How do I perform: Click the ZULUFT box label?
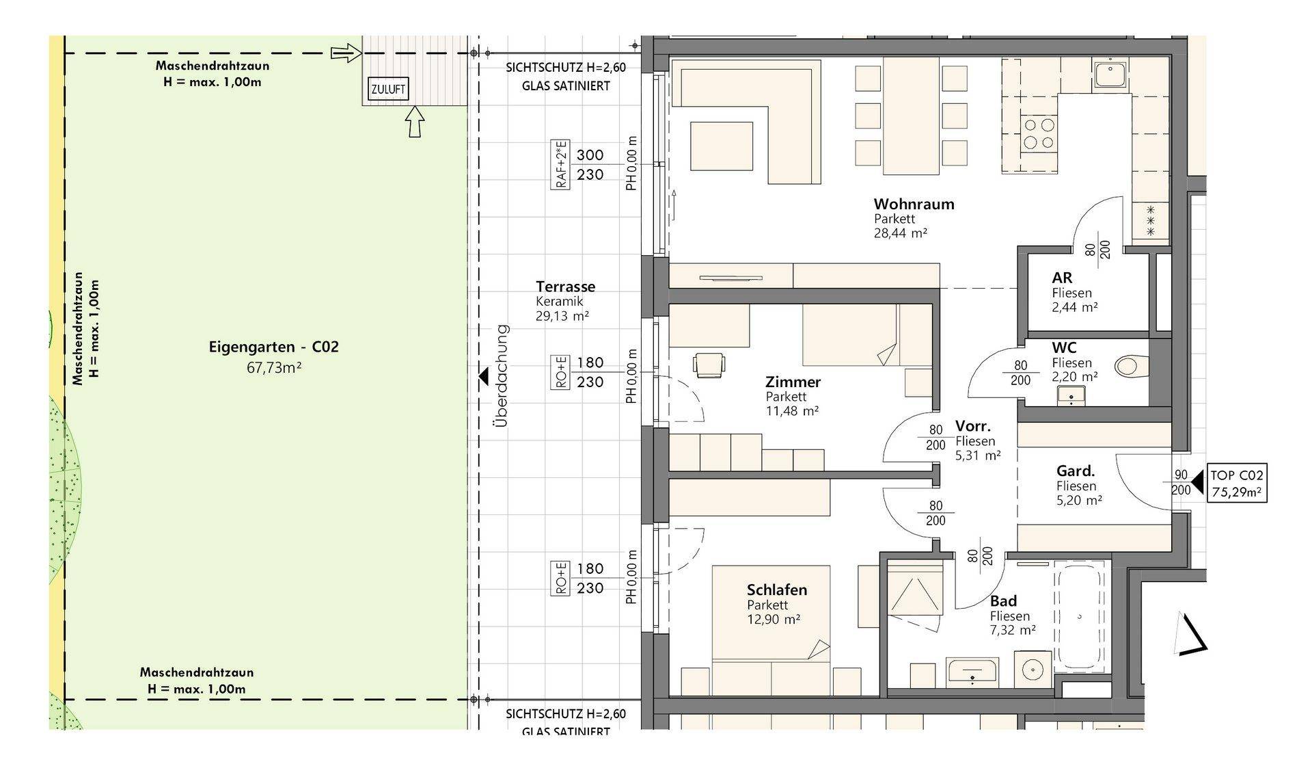click(x=388, y=89)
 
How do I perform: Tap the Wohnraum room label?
click(x=914, y=204)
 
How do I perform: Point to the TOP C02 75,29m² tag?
click(x=1238, y=484)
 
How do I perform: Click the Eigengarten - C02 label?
click(x=273, y=347)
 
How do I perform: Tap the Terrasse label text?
click(x=565, y=287)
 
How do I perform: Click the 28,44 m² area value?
click(x=900, y=233)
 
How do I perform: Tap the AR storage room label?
click(x=1062, y=278)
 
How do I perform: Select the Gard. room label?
click(x=1076, y=471)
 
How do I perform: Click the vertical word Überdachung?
click(x=502, y=375)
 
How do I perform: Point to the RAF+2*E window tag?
click(x=560, y=164)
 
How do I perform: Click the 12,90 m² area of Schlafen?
click(x=774, y=620)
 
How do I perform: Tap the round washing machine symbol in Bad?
click(x=1033, y=668)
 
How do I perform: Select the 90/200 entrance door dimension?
click(x=1180, y=482)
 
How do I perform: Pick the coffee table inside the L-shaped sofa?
click(x=721, y=146)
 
